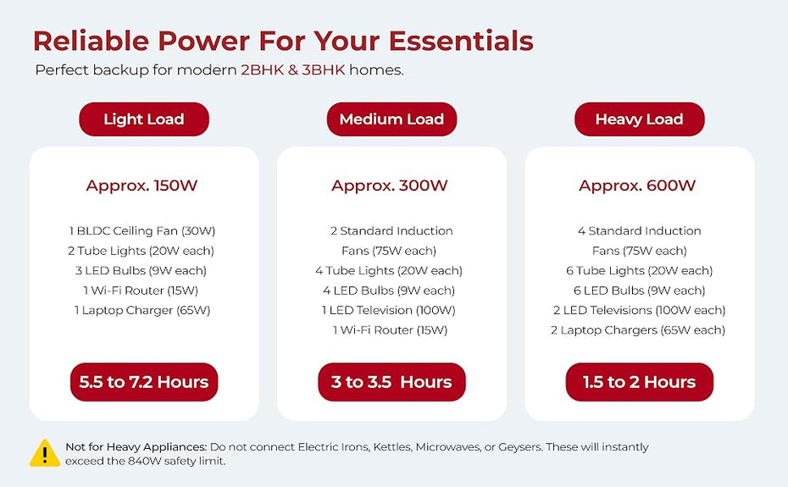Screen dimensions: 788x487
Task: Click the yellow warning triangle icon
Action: [45, 453]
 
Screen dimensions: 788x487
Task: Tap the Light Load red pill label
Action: [144, 119]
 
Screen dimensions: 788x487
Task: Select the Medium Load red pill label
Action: [391, 119]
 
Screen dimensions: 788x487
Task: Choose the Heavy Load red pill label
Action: [639, 119]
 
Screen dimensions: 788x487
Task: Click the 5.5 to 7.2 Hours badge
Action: [144, 382]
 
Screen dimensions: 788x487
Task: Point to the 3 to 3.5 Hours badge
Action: [391, 382]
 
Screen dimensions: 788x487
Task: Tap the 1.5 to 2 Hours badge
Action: [639, 382]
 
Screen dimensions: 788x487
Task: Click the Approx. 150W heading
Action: [142, 185]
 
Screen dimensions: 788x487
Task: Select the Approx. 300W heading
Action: [390, 185]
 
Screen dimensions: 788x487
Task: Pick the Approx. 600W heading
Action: [637, 185]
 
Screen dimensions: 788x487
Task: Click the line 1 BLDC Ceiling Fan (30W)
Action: [142, 230]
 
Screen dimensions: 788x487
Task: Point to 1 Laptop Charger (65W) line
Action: [142, 310]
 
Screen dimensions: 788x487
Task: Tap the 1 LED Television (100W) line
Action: [388, 310]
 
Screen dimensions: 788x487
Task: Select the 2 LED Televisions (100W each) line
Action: [639, 310]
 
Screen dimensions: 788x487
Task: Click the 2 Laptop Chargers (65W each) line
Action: [638, 330]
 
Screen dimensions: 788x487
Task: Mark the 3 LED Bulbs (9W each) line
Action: [141, 270]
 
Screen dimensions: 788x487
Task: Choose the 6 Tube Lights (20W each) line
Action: [639, 270]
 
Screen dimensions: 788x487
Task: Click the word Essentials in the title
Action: [461, 41]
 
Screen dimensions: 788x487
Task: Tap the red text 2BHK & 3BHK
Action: [293, 69]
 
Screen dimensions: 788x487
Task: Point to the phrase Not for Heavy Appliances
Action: [136, 447]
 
